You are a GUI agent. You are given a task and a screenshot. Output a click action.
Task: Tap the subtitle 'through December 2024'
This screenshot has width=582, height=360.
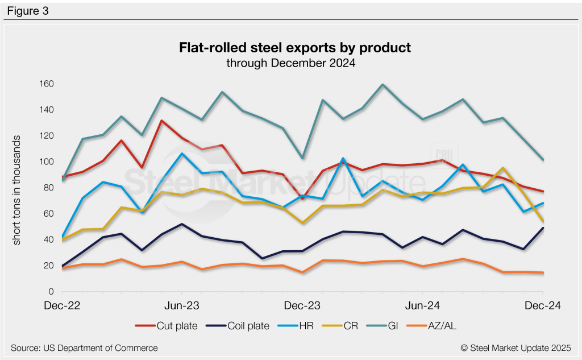(291, 63)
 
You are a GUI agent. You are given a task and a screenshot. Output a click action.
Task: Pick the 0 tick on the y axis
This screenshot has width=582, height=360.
(50, 292)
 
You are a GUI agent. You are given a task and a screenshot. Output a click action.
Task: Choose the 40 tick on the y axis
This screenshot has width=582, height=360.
(48, 239)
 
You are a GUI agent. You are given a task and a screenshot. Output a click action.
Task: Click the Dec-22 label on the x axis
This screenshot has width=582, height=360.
(62, 306)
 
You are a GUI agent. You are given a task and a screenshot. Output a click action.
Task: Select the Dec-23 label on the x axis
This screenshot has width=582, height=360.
(301, 306)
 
